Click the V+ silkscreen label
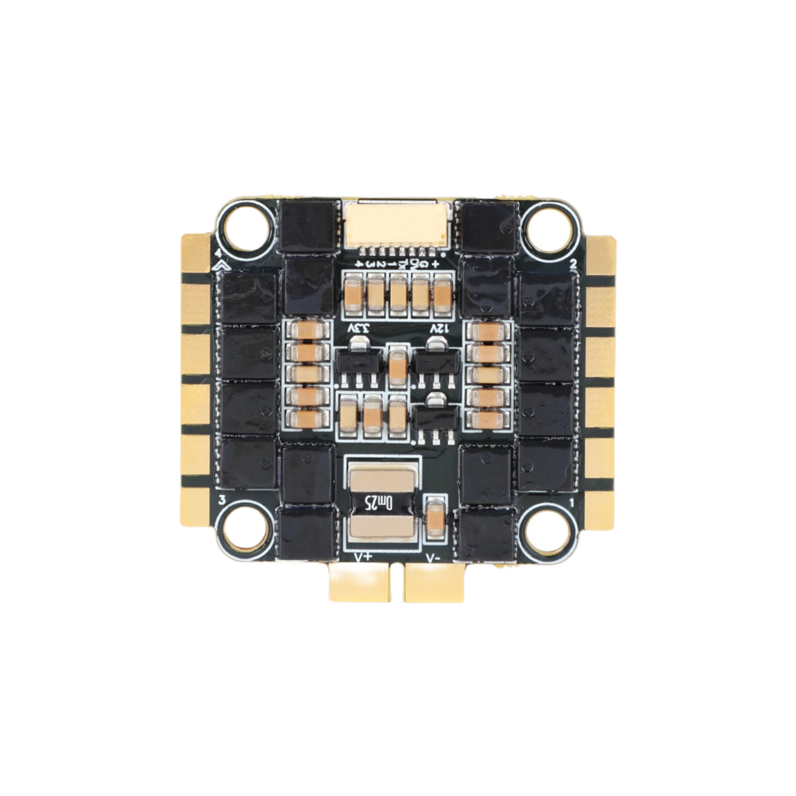(363, 557)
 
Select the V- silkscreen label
(433, 557)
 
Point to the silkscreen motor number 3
(222, 501)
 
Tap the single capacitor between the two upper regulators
(396, 363)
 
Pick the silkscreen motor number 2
(573, 263)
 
